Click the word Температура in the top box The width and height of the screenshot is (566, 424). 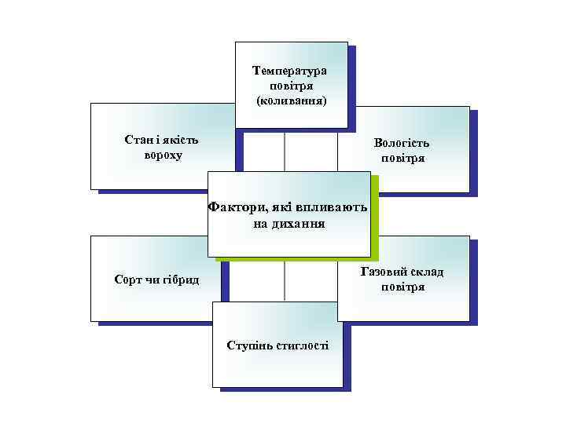(290, 71)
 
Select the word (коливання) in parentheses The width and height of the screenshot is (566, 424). (291, 101)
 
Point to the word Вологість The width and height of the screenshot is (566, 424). (402, 144)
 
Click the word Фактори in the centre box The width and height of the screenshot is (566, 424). (237, 208)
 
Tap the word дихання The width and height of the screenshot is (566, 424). (303, 224)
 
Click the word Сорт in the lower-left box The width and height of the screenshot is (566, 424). (128, 280)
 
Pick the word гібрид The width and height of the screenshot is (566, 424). (182, 280)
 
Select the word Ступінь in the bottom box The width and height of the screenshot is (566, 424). (248, 345)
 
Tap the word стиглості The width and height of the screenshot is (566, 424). (303, 345)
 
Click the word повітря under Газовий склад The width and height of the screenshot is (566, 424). (402, 287)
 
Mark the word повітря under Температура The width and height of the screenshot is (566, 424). (291, 86)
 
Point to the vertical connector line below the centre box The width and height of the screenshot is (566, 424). (285, 280)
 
